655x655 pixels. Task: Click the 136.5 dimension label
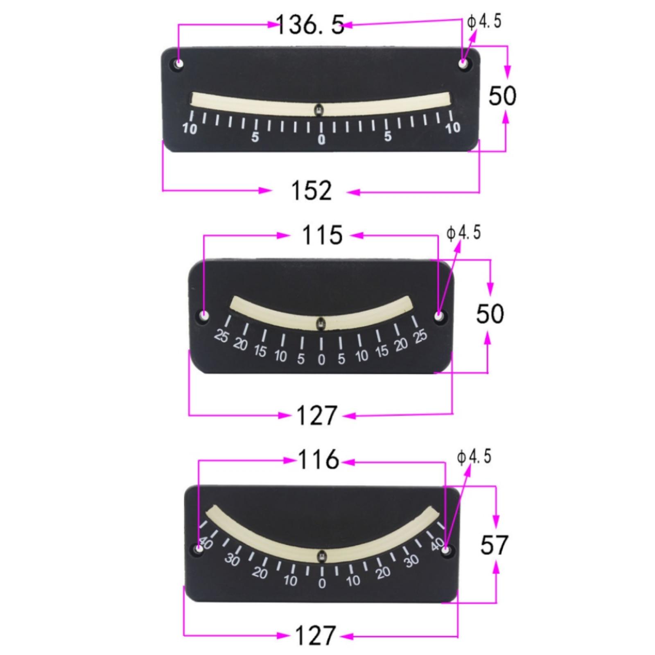tap(310, 25)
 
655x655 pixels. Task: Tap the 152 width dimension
tap(311, 191)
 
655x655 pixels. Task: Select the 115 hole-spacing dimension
tap(322, 235)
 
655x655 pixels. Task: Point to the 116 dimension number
tap(318, 460)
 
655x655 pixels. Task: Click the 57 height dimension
tap(494, 545)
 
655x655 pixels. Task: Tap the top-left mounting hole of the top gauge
tap(179, 64)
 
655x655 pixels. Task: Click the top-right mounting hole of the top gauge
tap(463, 64)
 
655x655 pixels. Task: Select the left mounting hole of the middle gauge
tap(204, 316)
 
